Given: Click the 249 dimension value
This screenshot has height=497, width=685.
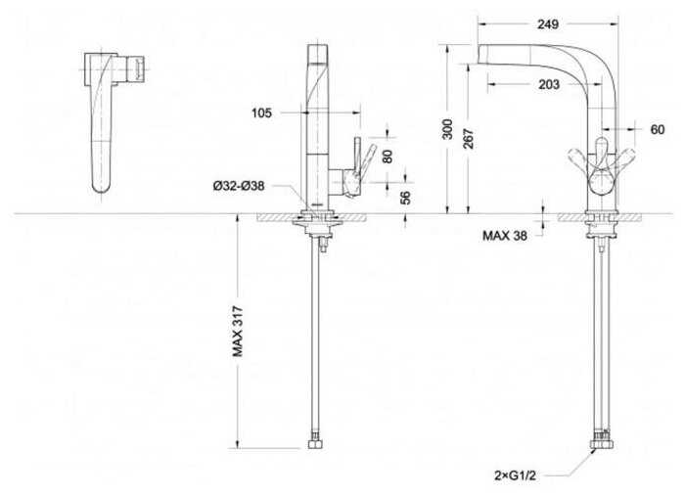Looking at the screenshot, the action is (x=548, y=24).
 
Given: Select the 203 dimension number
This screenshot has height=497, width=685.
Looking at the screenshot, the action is (x=549, y=84).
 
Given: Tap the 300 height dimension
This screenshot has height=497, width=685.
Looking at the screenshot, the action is (x=447, y=129).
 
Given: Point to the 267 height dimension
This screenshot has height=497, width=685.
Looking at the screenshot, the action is (x=468, y=139).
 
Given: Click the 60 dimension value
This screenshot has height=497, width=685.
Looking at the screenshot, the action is (x=657, y=129).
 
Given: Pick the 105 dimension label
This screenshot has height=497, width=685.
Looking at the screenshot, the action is (x=261, y=113).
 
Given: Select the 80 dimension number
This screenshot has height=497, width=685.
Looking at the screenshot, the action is (x=388, y=156).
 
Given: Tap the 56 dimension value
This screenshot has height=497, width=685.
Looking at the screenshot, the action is (x=405, y=198).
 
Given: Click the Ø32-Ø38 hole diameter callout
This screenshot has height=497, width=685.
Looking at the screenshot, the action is (x=239, y=186).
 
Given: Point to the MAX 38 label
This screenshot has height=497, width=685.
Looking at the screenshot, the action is (x=505, y=236).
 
